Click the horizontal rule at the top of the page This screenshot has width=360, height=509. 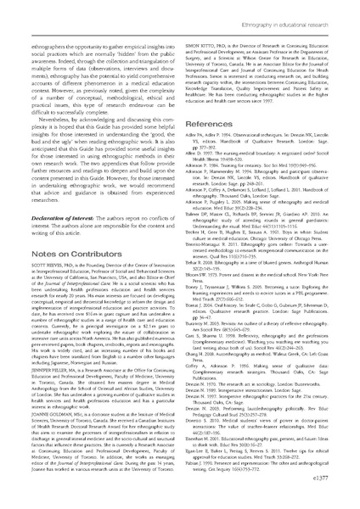[180, 20]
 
